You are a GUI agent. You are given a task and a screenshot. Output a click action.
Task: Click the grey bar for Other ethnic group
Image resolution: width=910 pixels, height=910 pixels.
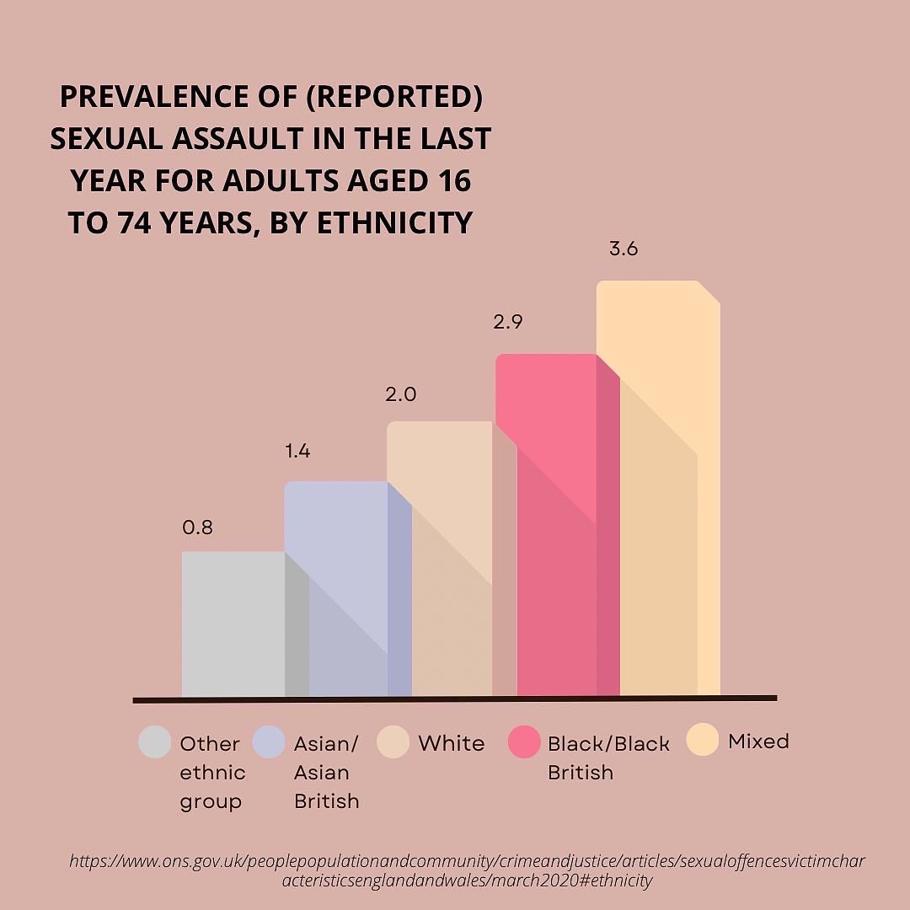[x=233, y=624]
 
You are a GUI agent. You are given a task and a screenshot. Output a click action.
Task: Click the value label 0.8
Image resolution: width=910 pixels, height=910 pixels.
[x=198, y=528]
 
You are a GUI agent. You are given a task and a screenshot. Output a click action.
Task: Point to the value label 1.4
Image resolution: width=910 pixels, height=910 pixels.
[x=297, y=452]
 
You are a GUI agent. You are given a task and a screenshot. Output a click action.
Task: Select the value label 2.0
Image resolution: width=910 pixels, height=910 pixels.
[x=401, y=394]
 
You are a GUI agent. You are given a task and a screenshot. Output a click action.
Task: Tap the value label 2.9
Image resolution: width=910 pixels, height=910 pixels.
[x=508, y=322]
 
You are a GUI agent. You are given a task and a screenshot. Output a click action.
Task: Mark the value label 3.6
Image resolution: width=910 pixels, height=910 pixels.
[x=623, y=250]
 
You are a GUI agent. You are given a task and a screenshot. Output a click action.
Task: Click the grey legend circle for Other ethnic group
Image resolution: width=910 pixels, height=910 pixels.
[x=155, y=742]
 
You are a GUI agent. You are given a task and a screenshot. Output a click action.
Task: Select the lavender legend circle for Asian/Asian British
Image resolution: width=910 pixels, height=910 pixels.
[x=269, y=742]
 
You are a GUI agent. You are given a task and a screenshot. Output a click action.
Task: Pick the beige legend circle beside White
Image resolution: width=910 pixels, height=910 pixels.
[x=393, y=742]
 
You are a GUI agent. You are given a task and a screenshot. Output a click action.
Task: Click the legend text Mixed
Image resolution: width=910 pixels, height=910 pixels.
[x=758, y=741]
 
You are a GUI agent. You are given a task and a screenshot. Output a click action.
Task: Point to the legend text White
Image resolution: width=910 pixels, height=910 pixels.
[x=452, y=743]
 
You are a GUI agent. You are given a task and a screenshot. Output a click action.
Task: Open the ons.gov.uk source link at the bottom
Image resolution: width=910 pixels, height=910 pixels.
[x=467, y=870]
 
